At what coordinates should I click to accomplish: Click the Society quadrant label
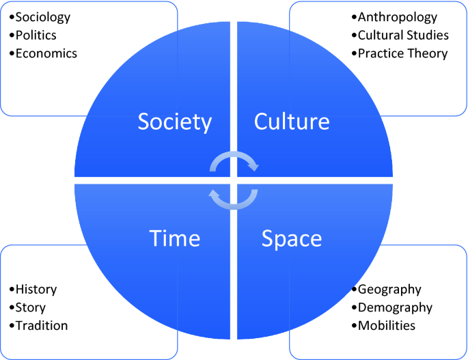[x=175, y=122]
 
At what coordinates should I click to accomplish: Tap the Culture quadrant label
[x=292, y=122]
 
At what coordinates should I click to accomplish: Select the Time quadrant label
[x=175, y=238]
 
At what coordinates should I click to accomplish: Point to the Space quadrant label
[x=292, y=238]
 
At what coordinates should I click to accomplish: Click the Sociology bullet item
[x=42, y=17]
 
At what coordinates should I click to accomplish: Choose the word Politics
[x=36, y=35]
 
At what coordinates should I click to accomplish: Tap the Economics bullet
[x=46, y=53]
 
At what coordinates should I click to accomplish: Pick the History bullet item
[x=36, y=290]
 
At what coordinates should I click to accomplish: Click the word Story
[x=30, y=307]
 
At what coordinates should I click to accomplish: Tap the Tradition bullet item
[x=42, y=326]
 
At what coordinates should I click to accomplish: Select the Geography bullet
[x=389, y=290]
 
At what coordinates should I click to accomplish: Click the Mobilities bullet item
[x=387, y=326]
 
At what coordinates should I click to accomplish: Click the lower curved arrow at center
[x=234, y=197]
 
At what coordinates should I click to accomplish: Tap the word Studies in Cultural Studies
[x=427, y=35]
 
